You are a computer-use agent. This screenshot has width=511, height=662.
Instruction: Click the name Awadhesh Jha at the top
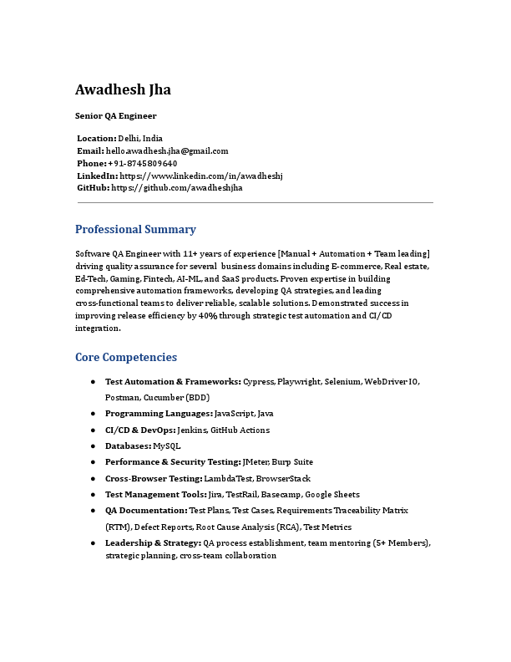[x=123, y=89]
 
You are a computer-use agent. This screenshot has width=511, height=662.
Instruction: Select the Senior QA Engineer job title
[x=115, y=116]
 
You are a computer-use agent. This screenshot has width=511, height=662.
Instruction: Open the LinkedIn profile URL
[x=201, y=176]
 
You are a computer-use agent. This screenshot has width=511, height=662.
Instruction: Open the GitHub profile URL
[x=177, y=188]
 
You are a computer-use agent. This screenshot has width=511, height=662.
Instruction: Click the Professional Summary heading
[x=135, y=229]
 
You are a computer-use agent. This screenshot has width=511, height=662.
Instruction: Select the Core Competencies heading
[x=126, y=357]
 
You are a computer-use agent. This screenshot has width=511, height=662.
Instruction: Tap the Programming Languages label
[x=159, y=414]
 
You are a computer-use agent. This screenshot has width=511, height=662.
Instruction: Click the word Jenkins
[x=192, y=430]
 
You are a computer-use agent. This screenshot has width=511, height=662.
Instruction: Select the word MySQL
[x=166, y=446]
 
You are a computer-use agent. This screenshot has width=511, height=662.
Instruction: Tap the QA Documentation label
[x=146, y=510]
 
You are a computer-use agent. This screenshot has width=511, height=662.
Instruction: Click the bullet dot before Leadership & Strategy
[x=93, y=543]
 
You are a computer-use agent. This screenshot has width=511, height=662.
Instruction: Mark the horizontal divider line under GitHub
[x=255, y=202]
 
